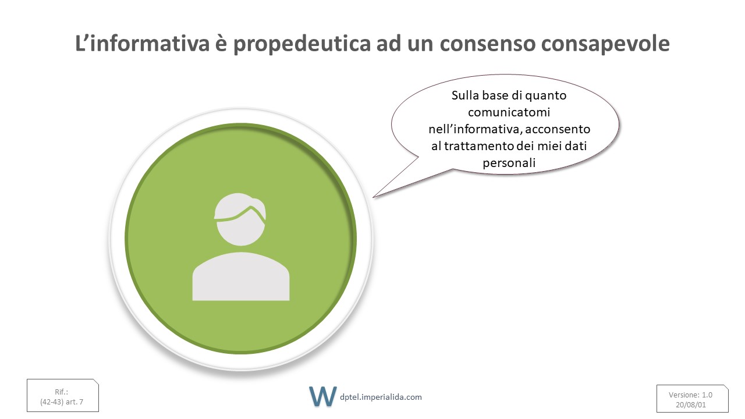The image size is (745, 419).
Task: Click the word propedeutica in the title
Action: [x=302, y=44]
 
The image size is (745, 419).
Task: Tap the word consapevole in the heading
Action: [x=605, y=44]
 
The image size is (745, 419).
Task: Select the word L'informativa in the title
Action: [x=142, y=43]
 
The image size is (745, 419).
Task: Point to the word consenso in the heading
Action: [x=488, y=44]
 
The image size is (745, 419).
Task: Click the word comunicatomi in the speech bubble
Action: [x=509, y=112]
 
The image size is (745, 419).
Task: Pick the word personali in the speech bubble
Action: [x=509, y=164]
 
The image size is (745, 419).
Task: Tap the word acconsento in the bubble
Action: [x=558, y=129]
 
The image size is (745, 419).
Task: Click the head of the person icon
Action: [x=240, y=219]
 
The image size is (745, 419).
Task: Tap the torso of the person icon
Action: [x=241, y=276]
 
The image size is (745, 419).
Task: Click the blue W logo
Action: [x=322, y=396]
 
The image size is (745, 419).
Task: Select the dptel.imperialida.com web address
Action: [x=381, y=397]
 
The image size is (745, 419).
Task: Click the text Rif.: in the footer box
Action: [x=62, y=392]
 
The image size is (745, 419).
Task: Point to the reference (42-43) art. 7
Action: [x=62, y=402]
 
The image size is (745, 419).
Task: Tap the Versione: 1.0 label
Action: [x=690, y=395]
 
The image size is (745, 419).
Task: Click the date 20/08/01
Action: [x=691, y=405]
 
